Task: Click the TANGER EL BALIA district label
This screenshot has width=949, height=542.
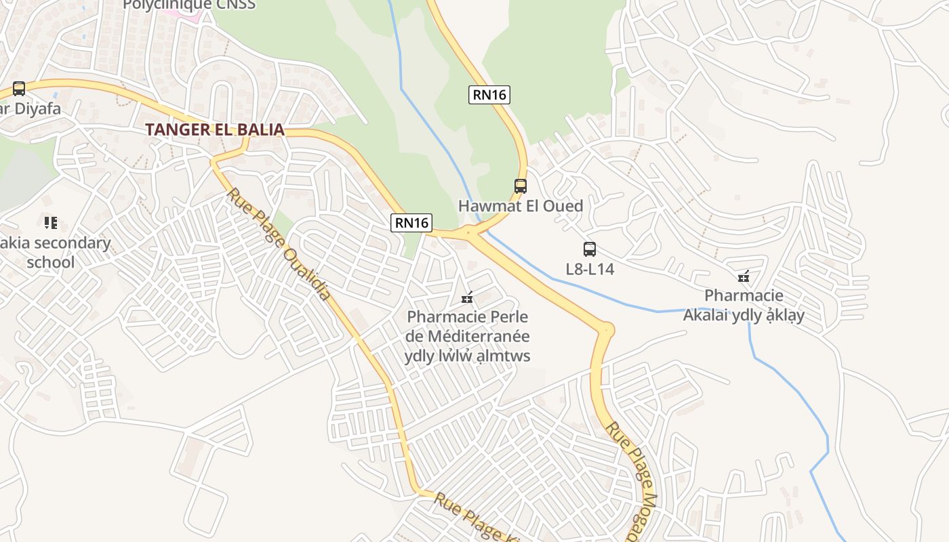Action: tap(214, 129)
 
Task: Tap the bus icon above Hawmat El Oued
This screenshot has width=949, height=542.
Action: tap(520, 186)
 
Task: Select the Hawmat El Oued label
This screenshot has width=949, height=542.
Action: tap(520, 206)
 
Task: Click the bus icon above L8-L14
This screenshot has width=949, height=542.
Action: tap(590, 249)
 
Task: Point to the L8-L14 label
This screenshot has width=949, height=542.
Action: tap(590, 269)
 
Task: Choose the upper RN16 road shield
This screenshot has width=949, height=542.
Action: tap(489, 95)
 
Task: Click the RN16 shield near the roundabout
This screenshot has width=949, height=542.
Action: tap(411, 222)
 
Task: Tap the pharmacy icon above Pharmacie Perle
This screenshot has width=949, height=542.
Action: tap(467, 297)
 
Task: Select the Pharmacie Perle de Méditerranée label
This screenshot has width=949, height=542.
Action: tap(467, 336)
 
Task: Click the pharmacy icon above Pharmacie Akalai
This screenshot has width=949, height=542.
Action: tap(744, 276)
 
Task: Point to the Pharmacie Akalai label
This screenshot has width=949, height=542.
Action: tap(744, 306)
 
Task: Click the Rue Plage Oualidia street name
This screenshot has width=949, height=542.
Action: tap(279, 244)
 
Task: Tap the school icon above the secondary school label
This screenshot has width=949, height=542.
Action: tap(50, 222)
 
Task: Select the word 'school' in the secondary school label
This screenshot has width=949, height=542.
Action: tap(50, 262)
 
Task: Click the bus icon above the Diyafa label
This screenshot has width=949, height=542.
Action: tap(19, 89)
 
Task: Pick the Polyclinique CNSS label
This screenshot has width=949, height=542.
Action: tap(189, 5)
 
